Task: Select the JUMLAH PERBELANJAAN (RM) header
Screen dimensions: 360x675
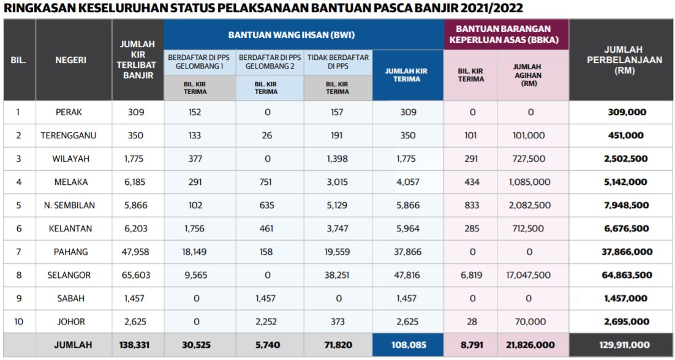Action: tap(621, 60)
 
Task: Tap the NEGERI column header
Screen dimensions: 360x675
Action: tap(70, 60)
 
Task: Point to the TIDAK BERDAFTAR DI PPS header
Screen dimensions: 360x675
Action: tap(337, 61)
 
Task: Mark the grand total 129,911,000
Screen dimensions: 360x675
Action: tap(620, 345)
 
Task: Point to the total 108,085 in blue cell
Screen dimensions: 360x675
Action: tap(408, 345)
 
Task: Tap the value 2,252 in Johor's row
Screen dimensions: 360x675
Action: tap(266, 322)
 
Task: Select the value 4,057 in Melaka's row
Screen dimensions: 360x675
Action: tap(408, 182)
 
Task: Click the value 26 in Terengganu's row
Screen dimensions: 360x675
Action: tap(266, 135)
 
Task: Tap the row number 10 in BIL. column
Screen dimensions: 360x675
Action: tap(18, 322)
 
